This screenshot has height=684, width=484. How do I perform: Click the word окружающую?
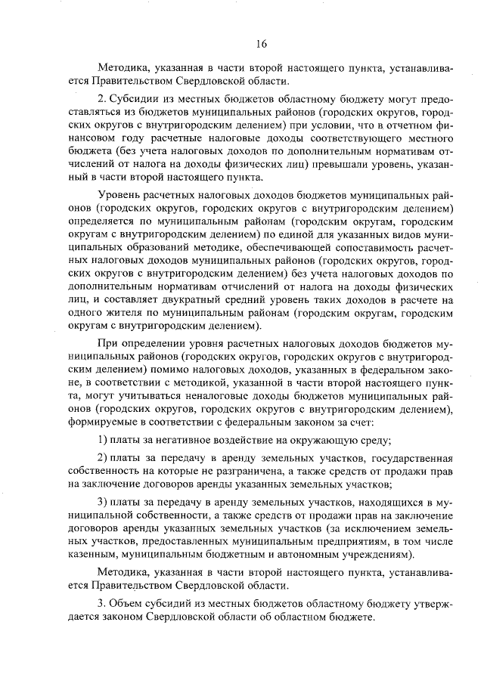click(x=293, y=440)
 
